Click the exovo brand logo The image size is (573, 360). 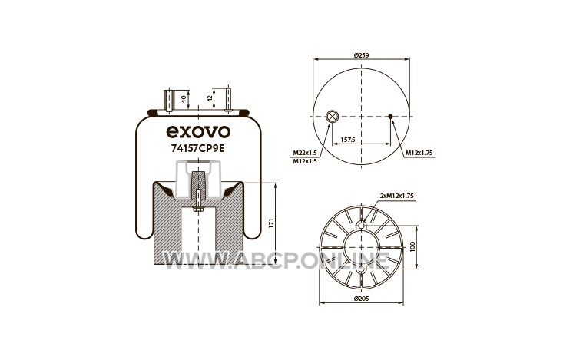(198, 132)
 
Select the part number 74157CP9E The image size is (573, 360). (198, 148)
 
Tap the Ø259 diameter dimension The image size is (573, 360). (361, 55)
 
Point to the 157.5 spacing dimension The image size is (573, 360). (347, 140)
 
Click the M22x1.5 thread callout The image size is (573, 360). (305, 153)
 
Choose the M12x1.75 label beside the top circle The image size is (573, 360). (419, 153)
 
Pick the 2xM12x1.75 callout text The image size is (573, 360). (397, 196)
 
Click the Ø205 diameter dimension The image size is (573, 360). (362, 299)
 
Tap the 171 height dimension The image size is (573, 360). (271, 223)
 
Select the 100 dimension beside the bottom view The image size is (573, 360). (412, 246)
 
